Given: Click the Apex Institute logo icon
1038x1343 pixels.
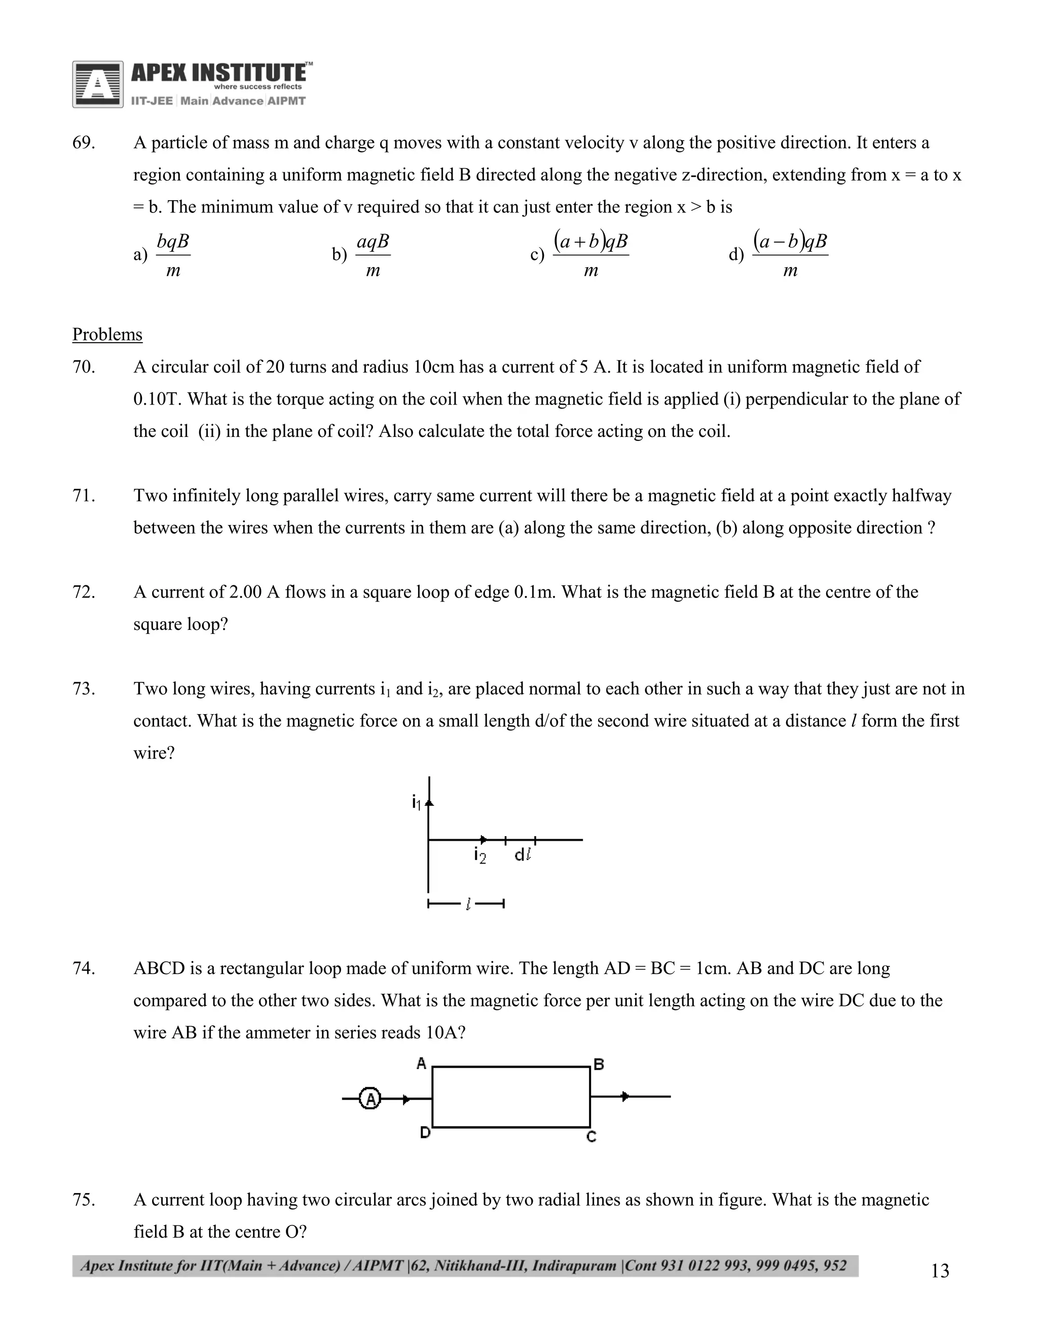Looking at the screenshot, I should (97, 84).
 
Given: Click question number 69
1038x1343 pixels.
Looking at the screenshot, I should (84, 143).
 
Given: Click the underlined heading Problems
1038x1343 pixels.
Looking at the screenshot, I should (107, 334).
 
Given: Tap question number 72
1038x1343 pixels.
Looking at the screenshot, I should (84, 592).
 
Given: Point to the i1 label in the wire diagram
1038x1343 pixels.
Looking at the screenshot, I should (416, 802).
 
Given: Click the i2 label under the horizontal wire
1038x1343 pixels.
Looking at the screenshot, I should (479, 855).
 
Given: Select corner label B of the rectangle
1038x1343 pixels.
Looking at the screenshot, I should (599, 1064).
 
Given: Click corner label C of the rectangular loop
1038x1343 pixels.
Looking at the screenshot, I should (591, 1136).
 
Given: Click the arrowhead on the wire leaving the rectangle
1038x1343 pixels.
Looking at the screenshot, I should (625, 1096).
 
